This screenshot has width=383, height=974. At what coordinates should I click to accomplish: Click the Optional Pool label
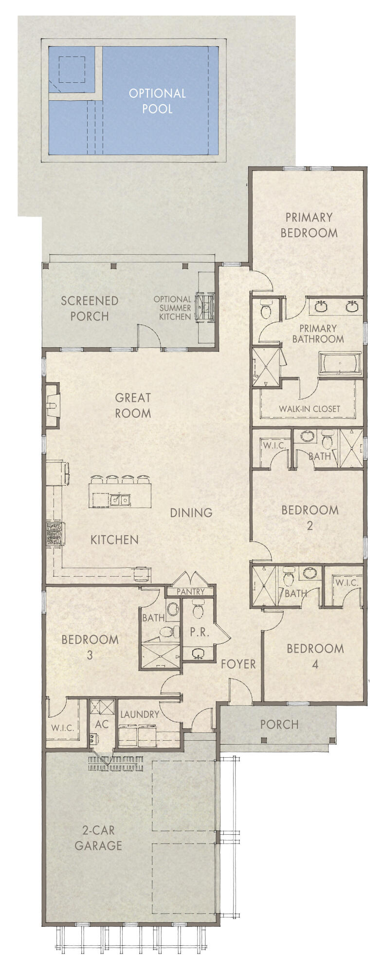click(x=157, y=101)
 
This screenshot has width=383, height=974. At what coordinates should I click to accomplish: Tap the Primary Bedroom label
click(x=309, y=225)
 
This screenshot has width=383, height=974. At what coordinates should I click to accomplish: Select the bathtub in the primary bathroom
click(x=340, y=364)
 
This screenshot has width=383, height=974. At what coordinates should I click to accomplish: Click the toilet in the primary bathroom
click(x=266, y=310)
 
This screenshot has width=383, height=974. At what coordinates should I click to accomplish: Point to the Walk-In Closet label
click(x=309, y=409)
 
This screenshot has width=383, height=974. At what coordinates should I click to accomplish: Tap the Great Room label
click(x=133, y=405)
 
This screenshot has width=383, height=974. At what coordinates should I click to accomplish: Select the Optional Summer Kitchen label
click(x=172, y=308)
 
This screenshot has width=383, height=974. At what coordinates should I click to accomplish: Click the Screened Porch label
click(x=90, y=308)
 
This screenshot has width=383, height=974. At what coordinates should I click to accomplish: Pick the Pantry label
click(x=189, y=592)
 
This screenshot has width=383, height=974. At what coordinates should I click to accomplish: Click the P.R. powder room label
click(x=200, y=632)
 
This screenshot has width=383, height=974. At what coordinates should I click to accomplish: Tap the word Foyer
click(x=238, y=664)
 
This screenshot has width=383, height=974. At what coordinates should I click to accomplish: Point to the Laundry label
click(x=140, y=714)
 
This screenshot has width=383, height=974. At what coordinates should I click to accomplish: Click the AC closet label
click(x=102, y=724)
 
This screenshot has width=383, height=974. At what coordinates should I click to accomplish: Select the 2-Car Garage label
click(x=98, y=838)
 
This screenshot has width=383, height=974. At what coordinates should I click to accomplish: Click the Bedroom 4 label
click(x=315, y=656)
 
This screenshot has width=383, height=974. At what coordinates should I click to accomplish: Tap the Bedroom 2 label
click(x=310, y=517)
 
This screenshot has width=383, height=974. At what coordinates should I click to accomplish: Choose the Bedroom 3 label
click(x=90, y=647)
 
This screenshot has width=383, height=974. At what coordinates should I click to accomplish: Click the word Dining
click(x=191, y=512)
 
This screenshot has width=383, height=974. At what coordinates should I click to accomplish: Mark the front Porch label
click(x=279, y=724)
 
